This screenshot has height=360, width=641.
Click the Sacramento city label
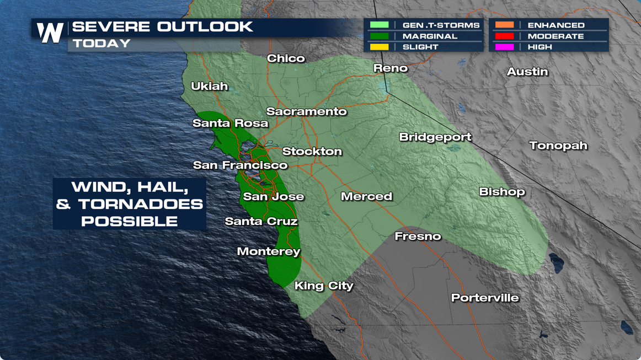(306, 111)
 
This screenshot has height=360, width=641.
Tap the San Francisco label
(240, 165)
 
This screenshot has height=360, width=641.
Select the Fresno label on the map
(418, 237)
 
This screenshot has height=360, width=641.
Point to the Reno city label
(390, 68)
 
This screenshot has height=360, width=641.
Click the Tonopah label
(558, 146)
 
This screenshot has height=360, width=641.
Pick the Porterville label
(484, 298)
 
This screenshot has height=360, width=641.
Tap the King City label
(324, 286)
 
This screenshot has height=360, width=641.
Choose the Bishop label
(501, 192)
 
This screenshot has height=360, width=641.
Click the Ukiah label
(209, 86)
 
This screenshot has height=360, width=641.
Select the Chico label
(286, 58)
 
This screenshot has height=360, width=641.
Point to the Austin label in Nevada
(527, 72)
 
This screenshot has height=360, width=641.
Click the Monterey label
(269, 251)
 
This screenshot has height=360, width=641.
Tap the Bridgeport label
(435, 137)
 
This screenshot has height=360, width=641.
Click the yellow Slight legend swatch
(379, 47)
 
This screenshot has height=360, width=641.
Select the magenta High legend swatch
(504, 47)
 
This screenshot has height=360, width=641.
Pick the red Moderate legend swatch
(504, 36)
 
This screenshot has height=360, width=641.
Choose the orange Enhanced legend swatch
(504, 25)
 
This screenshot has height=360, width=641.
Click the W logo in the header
(50, 33)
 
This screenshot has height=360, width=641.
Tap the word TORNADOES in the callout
(140, 205)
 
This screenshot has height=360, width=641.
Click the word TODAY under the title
(102, 44)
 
